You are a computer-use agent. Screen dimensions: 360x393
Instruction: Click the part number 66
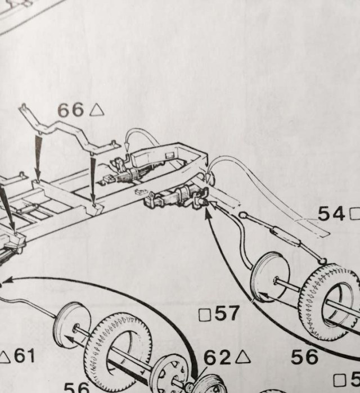coord(70,110)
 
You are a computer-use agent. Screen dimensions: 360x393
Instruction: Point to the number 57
coord(227,314)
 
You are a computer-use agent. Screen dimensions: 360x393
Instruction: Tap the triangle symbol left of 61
coord(5,356)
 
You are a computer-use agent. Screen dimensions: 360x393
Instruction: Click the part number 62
coord(217,358)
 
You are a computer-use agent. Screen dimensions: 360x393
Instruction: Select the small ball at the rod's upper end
coord(243,215)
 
